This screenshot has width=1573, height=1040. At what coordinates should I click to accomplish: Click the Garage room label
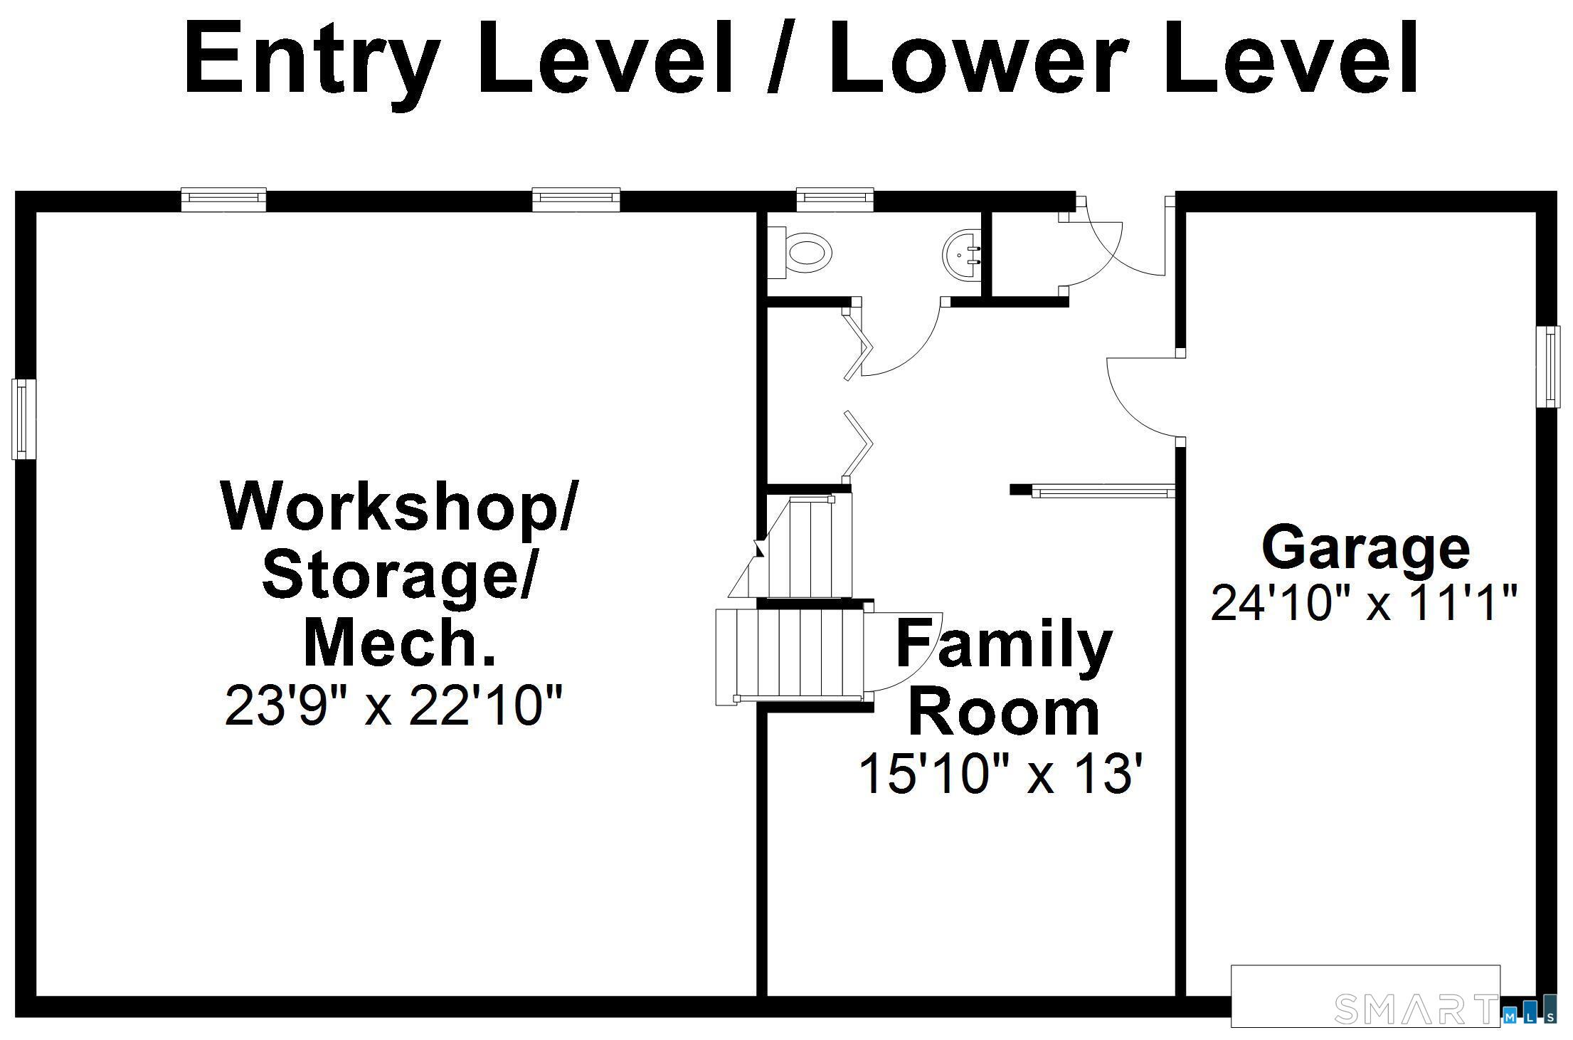pos(1365,549)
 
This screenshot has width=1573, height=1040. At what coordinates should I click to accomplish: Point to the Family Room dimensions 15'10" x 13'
pos(1004,774)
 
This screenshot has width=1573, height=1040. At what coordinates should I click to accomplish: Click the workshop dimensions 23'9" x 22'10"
pos(393,707)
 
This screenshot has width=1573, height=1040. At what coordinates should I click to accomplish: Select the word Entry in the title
pos(309,60)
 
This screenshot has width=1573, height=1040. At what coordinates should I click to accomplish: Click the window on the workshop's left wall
pos(23,419)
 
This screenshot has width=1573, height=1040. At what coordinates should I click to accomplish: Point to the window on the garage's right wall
pos(1548,367)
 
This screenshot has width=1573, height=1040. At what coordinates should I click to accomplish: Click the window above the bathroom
pos(835,200)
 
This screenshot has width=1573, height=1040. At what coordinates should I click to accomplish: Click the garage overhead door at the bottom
pos(1365,996)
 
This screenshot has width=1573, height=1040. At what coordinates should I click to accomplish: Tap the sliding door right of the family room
pos(1101,490)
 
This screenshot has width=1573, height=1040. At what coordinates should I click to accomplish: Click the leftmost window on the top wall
pos(223,200)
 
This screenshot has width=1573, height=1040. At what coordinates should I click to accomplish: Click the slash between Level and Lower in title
pos(782,60)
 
